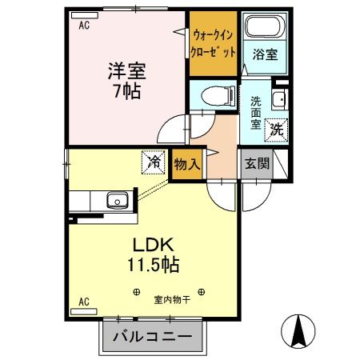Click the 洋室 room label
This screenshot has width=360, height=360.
(126, 70)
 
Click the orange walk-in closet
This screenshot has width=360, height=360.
(214, 44)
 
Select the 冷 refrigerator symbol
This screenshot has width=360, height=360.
(154, 162)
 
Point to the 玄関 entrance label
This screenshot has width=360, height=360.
(258, 164)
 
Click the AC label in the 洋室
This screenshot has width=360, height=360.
(82, 26)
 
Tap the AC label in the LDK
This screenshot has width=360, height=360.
(82, 302)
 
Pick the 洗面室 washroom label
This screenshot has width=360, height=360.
(256, 113)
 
